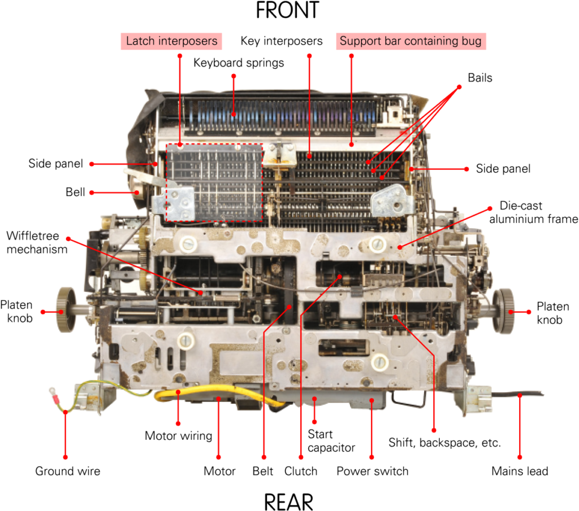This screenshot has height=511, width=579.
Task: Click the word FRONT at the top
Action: tap(287, 10)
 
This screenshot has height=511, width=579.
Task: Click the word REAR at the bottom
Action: tap(288, 502)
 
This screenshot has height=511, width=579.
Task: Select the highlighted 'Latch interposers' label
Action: tap(171, 41)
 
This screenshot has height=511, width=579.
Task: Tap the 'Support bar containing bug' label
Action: tap(411, 41)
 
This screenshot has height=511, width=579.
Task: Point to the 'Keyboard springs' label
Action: tap(239, 63)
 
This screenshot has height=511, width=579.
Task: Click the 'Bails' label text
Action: tap(479, 78)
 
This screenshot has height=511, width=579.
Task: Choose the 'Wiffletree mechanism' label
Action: tap(37, 243)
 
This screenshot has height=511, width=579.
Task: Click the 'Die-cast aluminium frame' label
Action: tap(534, 212)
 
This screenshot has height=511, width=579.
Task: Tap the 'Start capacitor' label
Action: tap(331, 441)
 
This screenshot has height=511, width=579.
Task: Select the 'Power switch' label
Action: tap(372, 471)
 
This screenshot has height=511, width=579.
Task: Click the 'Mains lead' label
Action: tap(520, 471)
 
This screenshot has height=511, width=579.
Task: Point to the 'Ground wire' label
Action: tap(68, 471)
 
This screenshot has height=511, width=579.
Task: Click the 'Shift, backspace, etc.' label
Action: tap(444, 443)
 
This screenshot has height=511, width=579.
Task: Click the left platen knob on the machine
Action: tap(67, 310)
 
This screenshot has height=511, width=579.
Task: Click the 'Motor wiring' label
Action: tap(178, 436)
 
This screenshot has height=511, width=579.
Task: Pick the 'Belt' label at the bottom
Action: tap(262, 471)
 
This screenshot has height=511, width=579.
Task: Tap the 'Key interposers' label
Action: tap(282, 41)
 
